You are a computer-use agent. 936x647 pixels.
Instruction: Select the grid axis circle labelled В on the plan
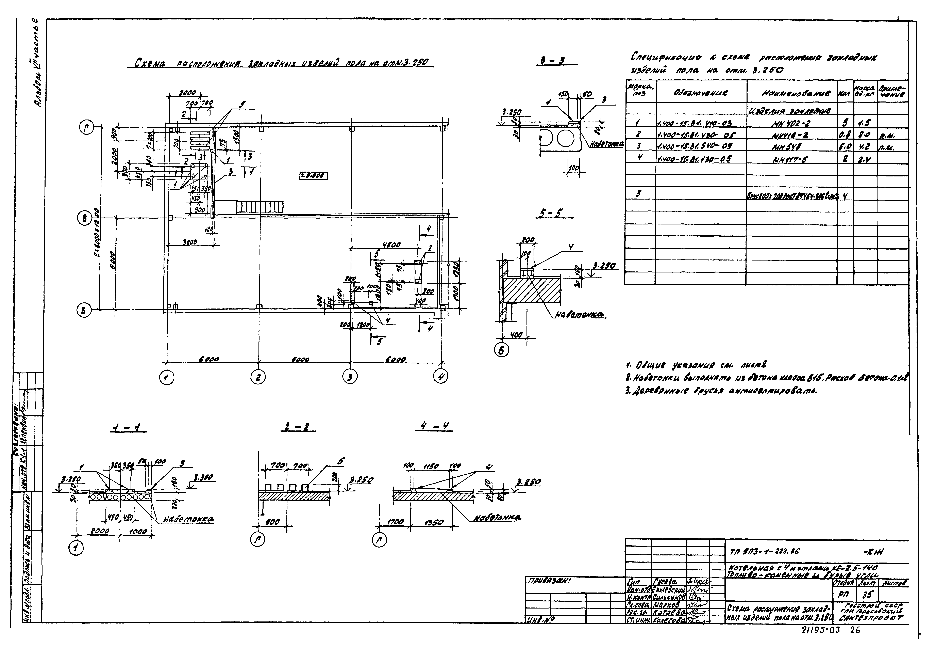[x=84, y=219]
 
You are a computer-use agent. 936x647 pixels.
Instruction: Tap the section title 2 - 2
[x=298, y=427]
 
